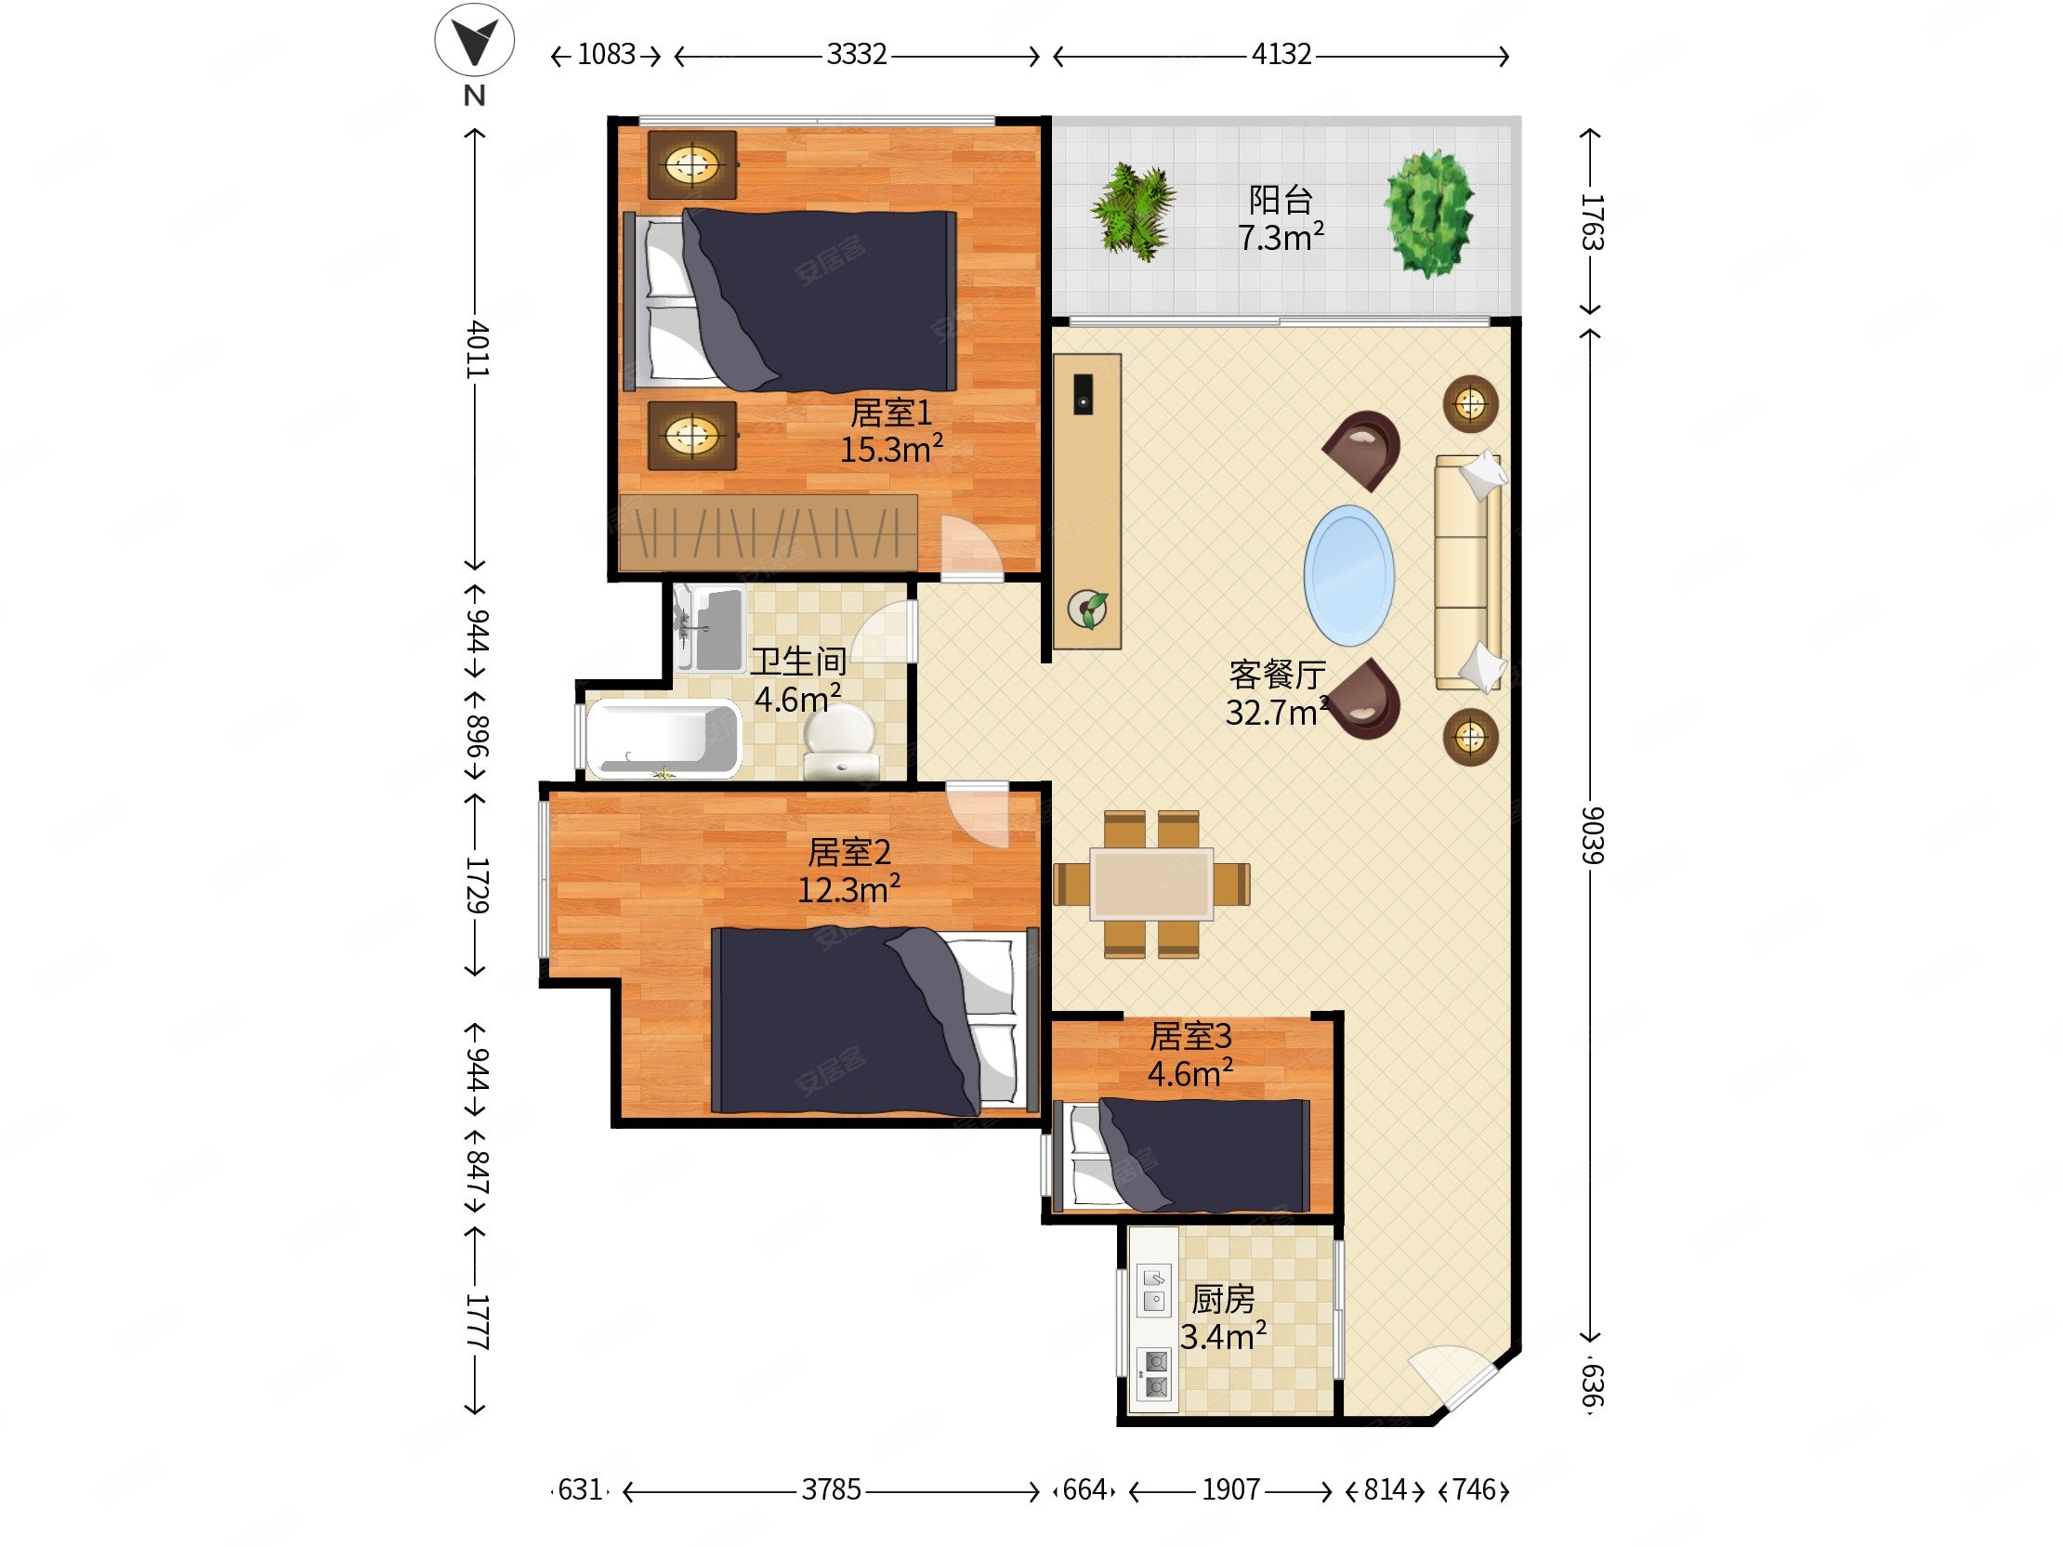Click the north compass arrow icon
tap(474, 39)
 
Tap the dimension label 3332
tap(856, 54)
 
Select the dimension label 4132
tap(1281, 54)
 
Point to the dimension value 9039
tap(1592, 834)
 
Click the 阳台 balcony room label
tap(1281, 200)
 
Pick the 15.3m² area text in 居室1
tap(890, 449)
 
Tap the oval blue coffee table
tap(1348, 575)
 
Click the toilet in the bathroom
tap(841, 742)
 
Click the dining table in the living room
tap(1152, 883)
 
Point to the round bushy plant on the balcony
tap(1428, 214)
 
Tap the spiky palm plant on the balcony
tap(1133, 211)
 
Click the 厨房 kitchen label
tap(1223, 1298)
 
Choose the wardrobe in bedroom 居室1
tap(768, 532)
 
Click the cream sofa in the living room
tap(1468, 572)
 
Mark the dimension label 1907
tap(1230, 1489)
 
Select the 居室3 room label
tap(1190, 1035)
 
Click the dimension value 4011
tap(477, 348)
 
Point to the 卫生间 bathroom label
tap(798, 662)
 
